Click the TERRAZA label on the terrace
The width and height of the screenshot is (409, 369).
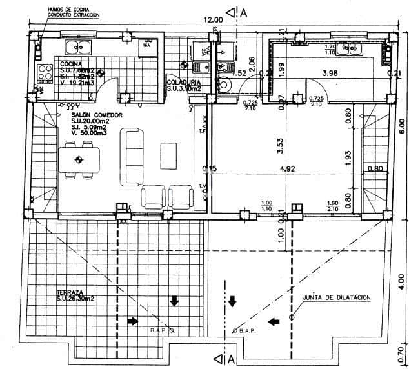pos(70,292)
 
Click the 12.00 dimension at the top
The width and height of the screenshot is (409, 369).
pos(214,20)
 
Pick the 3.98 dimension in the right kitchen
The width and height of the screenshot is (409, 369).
pos(330,73)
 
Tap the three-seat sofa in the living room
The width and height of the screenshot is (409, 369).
pos(135,156)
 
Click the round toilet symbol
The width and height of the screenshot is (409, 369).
pos(223,84)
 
